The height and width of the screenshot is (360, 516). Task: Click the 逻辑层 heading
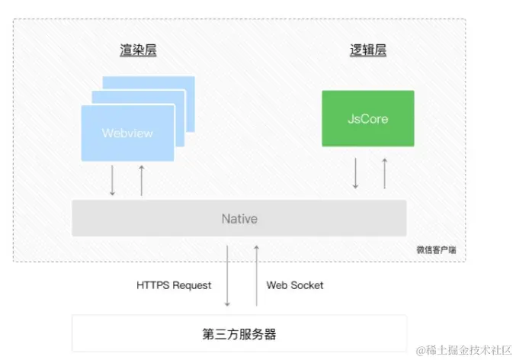coord(367,51)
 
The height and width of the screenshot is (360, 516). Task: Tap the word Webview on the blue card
coord(127,133)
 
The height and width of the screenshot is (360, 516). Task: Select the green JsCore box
coord(368,118)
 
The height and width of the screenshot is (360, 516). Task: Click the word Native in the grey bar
coord(239,219)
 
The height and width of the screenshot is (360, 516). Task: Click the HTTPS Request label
coord(174,285)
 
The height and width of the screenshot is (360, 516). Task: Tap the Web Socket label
coord(295,285)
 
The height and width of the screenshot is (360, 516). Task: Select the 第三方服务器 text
coord(239,333)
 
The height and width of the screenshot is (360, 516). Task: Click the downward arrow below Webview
coord(112,180)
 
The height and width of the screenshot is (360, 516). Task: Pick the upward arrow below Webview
coord(141,180)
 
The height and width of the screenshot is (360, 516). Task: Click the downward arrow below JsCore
coord(355,173)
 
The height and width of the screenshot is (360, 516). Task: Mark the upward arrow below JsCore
coord(384,173)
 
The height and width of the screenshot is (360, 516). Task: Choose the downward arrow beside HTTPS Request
coord(226,272)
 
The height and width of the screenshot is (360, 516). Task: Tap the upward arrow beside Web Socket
coord(256,272)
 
